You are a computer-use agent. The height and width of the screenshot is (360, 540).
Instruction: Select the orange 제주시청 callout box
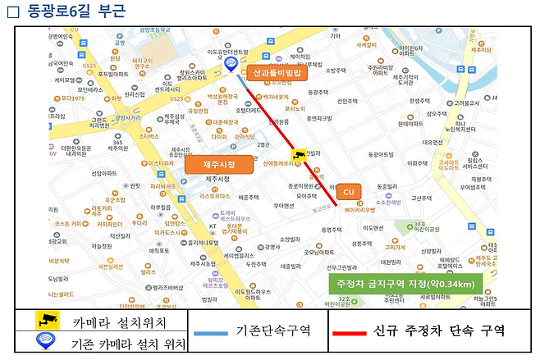[x=219, y=165]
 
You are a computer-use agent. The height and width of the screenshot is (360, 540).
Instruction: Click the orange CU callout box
[x=347, y=190]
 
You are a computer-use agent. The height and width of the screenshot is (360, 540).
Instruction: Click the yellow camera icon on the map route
[x=300, y=155]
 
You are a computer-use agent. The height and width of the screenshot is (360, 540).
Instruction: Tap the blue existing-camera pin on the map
[x=231, y=64]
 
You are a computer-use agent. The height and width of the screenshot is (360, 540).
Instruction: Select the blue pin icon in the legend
[x=46, y=341]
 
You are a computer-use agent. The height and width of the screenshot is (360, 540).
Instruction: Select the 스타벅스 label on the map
[x=148, y=136]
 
